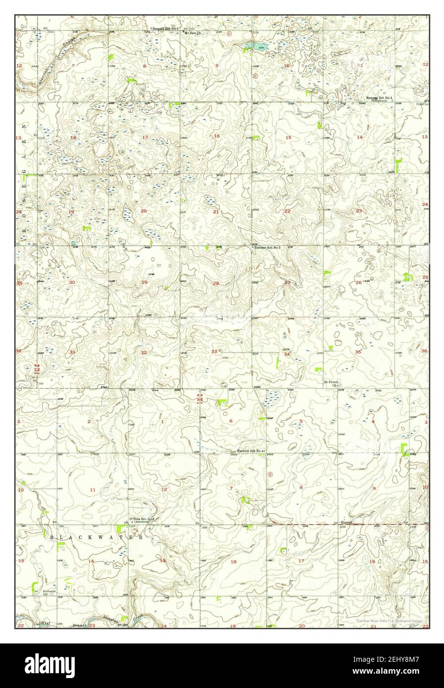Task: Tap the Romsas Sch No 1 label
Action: (x=165, y=29)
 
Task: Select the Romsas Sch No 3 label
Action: (x=380, y=98)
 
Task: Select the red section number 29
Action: (x=144, y=282)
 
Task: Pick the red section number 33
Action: (x=214, y=351)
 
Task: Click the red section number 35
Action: (x=358, y=351)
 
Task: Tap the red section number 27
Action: (x=287, y=283)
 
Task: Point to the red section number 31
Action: (x=72, y=352)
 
